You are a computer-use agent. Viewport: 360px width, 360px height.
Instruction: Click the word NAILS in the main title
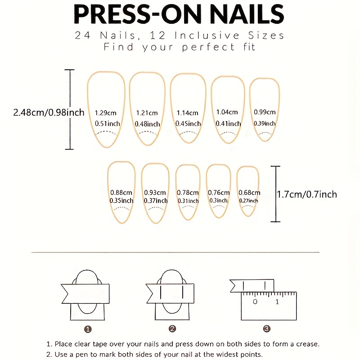(247, 14)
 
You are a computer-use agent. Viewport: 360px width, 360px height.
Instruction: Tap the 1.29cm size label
(106, 113)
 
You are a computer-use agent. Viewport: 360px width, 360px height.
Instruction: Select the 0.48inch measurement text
(148, 124)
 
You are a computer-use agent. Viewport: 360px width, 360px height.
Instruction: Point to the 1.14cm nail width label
(187, 113)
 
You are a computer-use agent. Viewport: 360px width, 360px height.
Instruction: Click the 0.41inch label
(229, 123)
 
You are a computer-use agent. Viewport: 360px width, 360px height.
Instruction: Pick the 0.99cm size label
(265, 112)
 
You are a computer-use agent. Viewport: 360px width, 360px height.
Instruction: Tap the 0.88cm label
(121, 193)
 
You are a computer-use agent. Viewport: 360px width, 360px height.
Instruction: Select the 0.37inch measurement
(156, 201)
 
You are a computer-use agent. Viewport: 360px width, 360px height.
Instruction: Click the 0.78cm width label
(188, 193)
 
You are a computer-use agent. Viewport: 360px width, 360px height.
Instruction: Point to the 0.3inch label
(218, 200)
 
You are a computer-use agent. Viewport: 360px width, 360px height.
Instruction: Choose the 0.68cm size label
(249, 193)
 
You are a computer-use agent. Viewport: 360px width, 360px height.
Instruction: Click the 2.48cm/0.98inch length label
(49, 112)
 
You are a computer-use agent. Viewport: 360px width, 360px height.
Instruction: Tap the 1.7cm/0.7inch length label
(307, 194)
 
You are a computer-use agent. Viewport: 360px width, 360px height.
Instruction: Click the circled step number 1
(88, 329)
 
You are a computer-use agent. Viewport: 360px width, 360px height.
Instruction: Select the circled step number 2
(172, 329)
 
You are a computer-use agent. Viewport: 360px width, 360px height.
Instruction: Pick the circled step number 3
(266, 329)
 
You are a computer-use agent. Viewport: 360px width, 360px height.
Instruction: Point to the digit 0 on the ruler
(255, 301)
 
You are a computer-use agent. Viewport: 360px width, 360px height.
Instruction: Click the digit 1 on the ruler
(277, 301)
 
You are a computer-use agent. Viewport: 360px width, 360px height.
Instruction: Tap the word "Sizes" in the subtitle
(266, 36)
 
